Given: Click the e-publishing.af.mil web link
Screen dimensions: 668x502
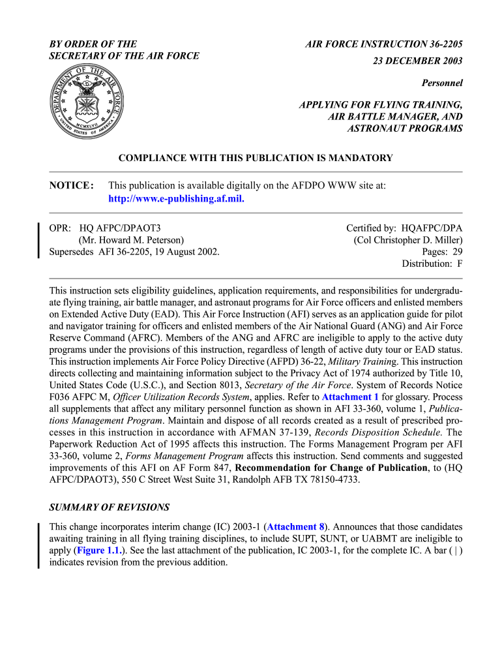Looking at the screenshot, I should [x=176, y=199].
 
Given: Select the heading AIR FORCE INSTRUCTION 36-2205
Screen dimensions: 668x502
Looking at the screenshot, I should [x=384, y=44].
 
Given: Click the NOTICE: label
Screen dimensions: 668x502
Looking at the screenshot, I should [x=72, y=186].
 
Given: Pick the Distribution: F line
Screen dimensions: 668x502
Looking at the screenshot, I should [x=432, y=264].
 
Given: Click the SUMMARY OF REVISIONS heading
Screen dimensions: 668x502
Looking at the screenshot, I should [x=110, y=507].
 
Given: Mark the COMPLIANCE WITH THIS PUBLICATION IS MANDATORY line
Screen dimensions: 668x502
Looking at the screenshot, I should [x=255, y=158].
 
